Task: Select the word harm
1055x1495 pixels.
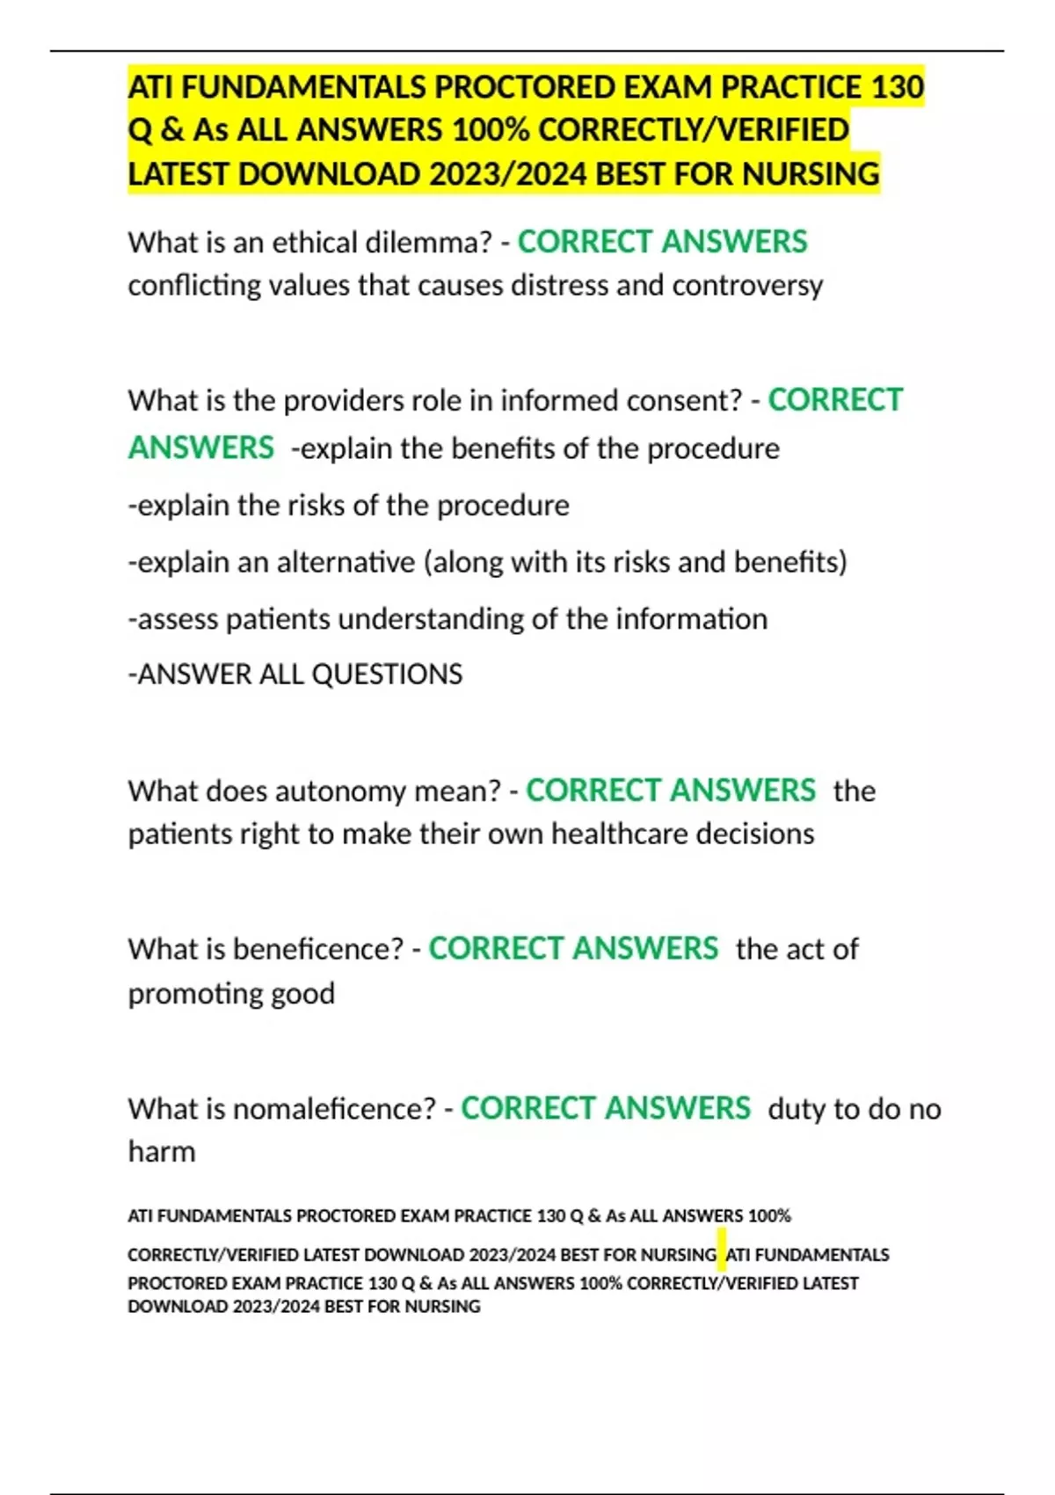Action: pos(162,1152)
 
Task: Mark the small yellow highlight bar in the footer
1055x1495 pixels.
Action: pos(722,1254)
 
